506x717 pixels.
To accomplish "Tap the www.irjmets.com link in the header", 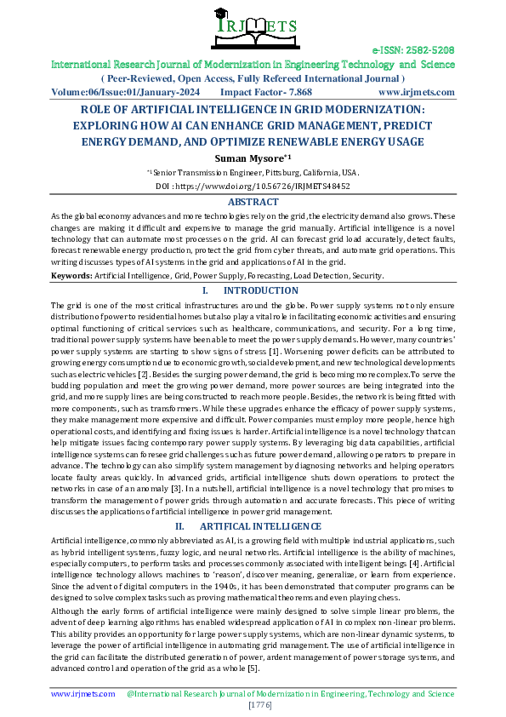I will pos(416,91).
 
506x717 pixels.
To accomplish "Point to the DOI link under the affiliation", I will pos(253,185).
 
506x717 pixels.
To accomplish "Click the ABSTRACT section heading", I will pos(253,202).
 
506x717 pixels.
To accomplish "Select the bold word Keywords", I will pos(72,276).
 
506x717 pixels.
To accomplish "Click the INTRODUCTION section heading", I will pos(266,290).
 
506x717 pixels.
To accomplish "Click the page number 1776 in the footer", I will pos(253,706).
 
